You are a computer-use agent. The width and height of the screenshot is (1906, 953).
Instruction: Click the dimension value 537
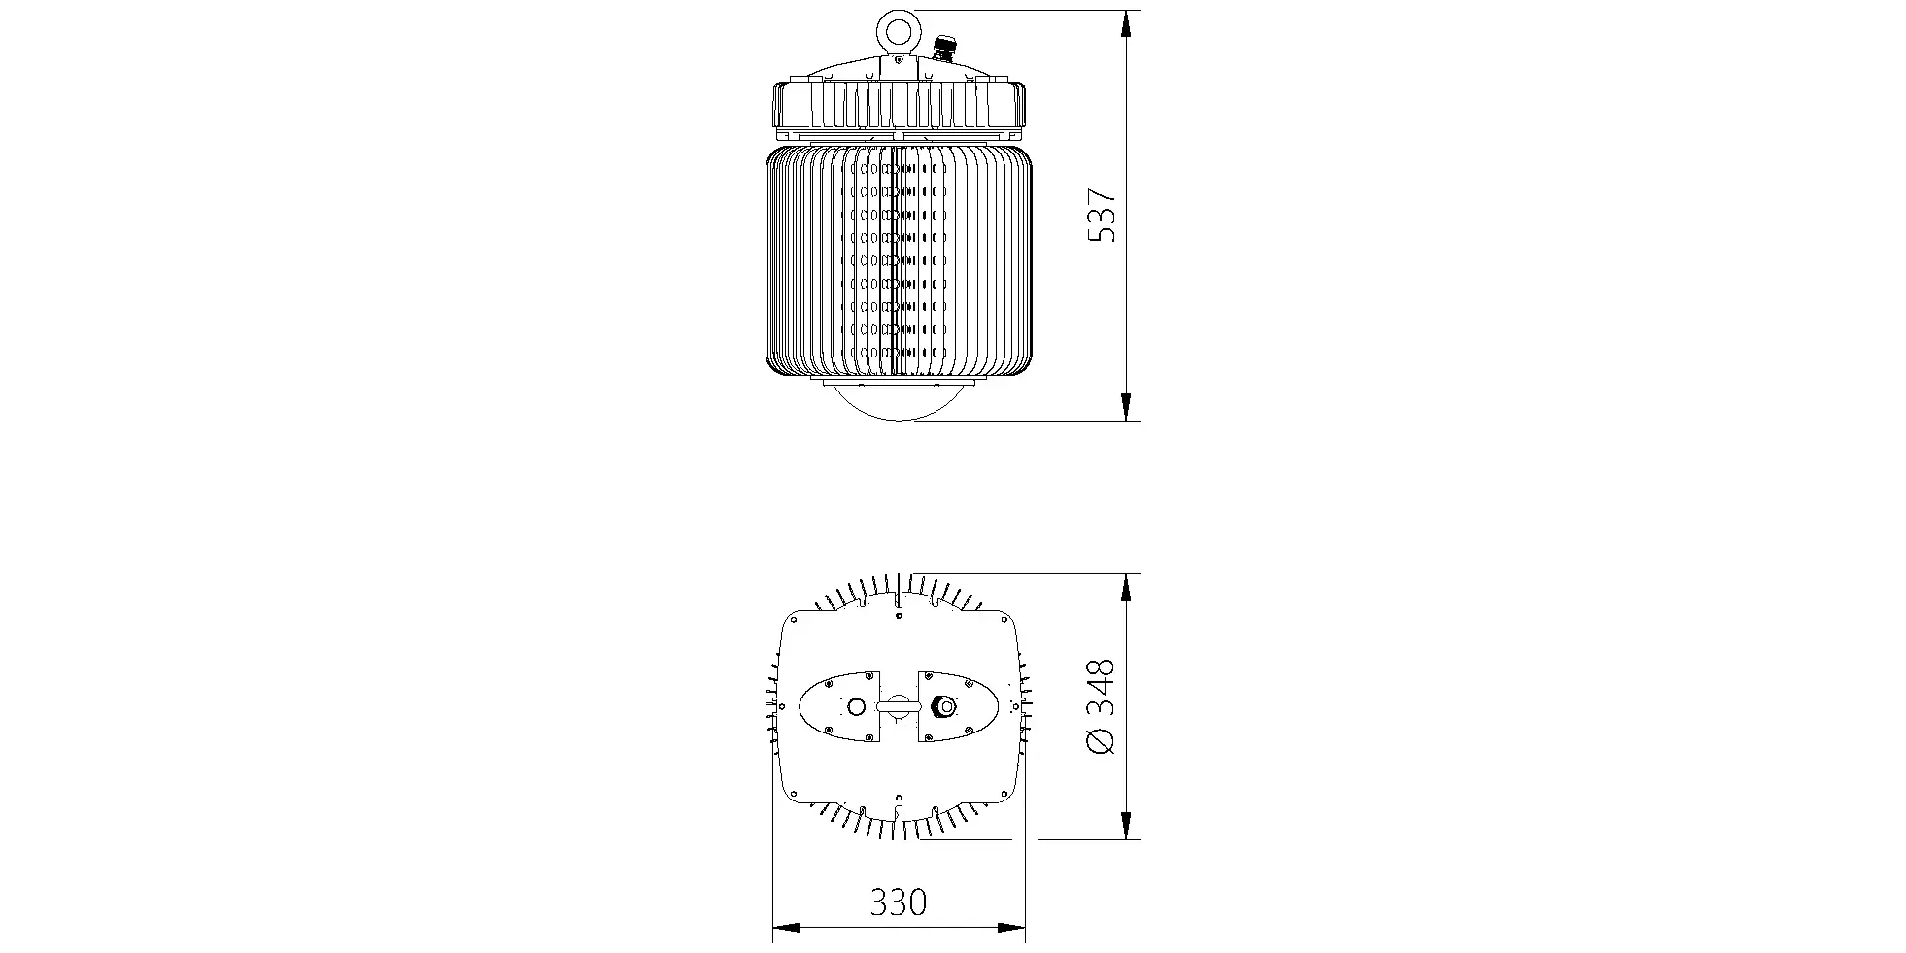click(x=1103, y=217)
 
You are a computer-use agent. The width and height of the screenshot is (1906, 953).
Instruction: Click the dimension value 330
click(x=898, y=902)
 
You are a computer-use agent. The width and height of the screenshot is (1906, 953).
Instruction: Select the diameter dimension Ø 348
click(x=1100, y=706)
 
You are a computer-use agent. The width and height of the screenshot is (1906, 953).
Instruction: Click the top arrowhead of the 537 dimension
click(x=1126, y=24)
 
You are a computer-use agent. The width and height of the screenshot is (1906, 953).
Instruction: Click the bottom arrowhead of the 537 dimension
click(x=1126, y=407)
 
